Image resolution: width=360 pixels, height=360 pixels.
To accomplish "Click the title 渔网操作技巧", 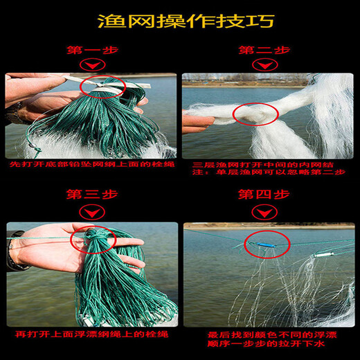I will click(180, 20).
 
